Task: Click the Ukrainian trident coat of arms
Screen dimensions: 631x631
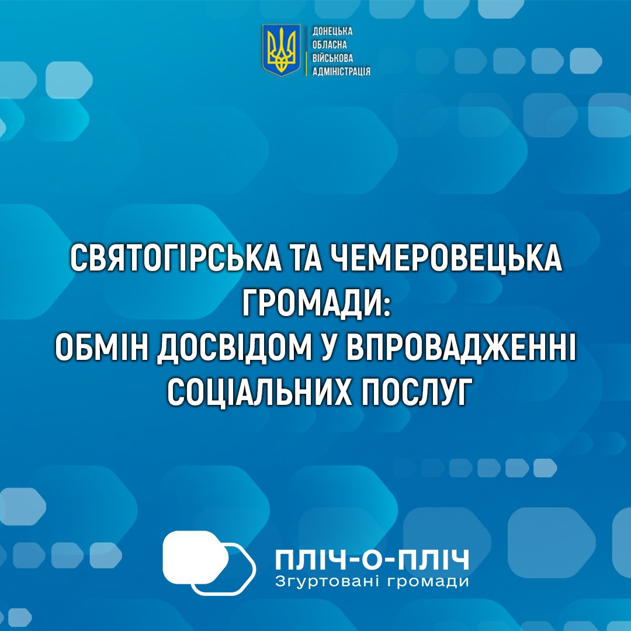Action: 281,50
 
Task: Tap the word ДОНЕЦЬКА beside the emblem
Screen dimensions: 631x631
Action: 332,32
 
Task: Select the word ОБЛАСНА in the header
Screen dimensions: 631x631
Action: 330,44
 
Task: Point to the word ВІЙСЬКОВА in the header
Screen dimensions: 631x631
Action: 333,58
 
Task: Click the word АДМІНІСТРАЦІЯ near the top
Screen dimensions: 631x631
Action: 341,72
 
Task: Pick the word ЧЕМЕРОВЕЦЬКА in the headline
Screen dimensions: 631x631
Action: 446,258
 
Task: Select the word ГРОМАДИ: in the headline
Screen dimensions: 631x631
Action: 316,303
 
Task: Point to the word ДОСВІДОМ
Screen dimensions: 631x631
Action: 235,347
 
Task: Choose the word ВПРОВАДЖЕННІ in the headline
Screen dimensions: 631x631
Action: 461,347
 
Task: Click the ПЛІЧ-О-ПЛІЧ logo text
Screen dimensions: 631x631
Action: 372,560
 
